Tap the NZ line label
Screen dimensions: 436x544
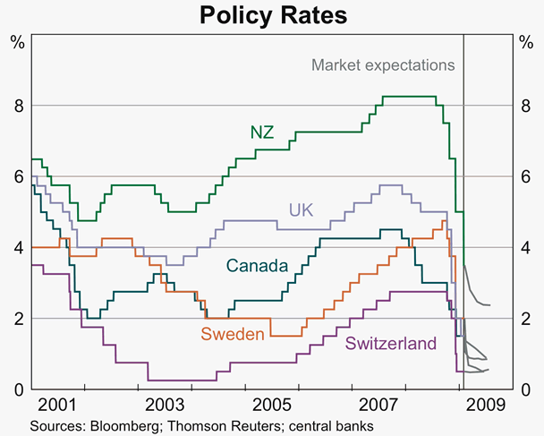(261, 133)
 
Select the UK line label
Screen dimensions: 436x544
(301, 209)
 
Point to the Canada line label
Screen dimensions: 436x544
(257, 266)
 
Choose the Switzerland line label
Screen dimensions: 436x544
(390, 343)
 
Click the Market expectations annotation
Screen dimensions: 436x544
(383, 65)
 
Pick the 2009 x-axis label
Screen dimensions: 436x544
(488, 406)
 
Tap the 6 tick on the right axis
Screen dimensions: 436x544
(526, 176)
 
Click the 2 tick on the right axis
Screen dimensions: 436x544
(526, 319)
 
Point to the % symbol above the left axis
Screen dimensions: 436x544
(17, 40)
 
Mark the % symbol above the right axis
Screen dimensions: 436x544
(526, 40)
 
